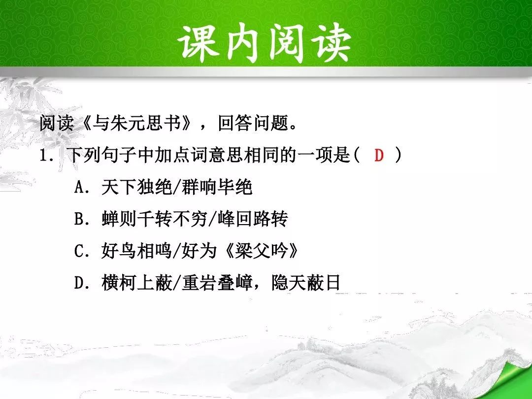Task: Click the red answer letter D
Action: pyautogui.click(x=379, y=155)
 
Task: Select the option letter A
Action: pyautogui.click(x=79, y=187)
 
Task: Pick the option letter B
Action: pyautogui.click(x=79, y=219)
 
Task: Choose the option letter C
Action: pyautogui.click(x=79, y=251)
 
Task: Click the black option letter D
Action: pyautogui.click(x=79, y=283)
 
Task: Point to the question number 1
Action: pyautogui.click(x=43, y=155)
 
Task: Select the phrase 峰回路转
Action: pyautogui.click(x=252, y=219)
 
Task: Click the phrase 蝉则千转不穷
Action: pyautogui.click(x=154, y=219)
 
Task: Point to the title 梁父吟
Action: pyautogui.click(x=262, y=251)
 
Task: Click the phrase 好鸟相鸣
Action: pyautogui.click(x=136, y=251)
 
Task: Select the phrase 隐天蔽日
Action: pyautogui.click(x=306, y=283)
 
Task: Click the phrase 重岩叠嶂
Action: pyautogui.click(x=217, y=283)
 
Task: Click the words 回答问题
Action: pyautogui.click(x=253, y=123)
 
